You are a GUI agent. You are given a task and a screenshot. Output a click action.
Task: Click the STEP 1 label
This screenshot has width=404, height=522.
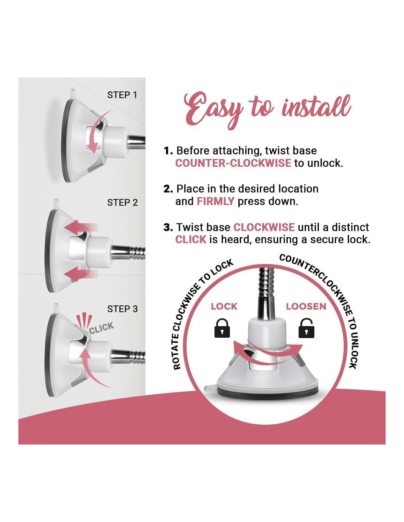pos(122,95)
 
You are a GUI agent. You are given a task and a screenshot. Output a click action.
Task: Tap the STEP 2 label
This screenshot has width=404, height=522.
pos(122,203)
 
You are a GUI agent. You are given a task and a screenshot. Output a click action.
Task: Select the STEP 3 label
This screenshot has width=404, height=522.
pos(122,309)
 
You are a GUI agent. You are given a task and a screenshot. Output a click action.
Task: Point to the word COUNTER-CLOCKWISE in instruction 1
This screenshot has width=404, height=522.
pos(233,163)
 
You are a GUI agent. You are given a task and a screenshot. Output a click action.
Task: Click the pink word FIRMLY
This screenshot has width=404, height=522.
pos(215,201)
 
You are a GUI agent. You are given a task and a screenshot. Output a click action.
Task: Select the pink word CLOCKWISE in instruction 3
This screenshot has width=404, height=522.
pos(264,227)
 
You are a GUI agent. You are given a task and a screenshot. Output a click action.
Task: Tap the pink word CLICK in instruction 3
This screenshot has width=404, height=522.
pos(191,239)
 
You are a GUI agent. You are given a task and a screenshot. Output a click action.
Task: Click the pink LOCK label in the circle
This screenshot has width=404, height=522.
pos(224,307)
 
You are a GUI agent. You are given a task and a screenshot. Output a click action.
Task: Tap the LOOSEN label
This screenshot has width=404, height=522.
pos(306,307)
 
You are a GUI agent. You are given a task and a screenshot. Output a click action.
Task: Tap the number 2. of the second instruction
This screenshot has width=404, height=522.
pos(168,189)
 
